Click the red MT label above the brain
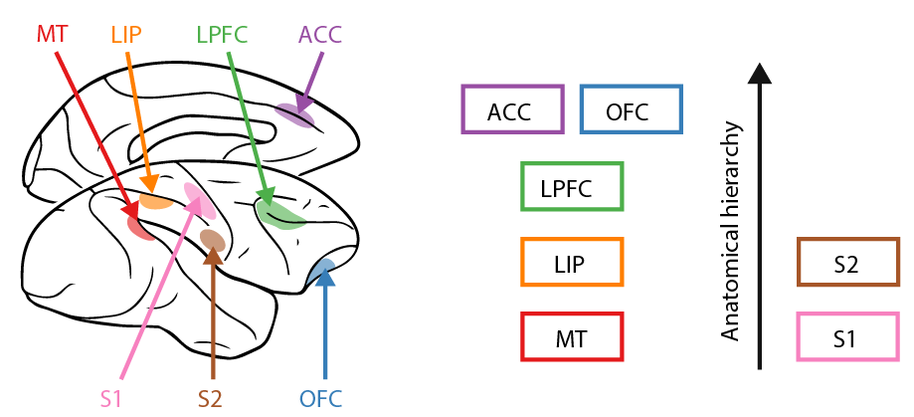tap(52, 34)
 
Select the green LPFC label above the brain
tap(221, 34)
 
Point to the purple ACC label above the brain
tap(319, 35)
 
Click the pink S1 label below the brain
tap(111, 400)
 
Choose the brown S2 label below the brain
tap(210, 400)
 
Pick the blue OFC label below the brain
tap(320, 400)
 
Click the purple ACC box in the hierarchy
tap(513, 109)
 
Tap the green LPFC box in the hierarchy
tap(572, 187)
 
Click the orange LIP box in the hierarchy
tap(572, 263)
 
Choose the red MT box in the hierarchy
tap(572, 337)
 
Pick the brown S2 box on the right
tap(847, 263)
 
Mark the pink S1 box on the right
tap(847, 337)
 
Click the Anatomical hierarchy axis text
tap(733, 231)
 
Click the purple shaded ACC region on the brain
tap(295, 115)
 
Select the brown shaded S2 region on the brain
tap(213, 240)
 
